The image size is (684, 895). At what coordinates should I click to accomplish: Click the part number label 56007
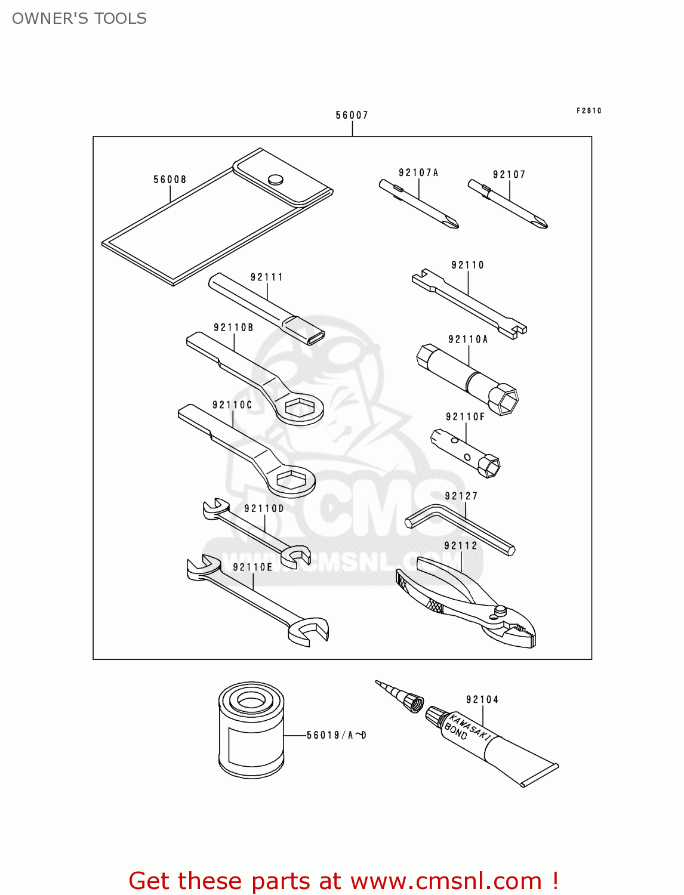pos(352,115)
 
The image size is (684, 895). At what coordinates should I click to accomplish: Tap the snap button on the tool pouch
pos(275,179)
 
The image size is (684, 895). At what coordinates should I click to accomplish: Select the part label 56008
pos(170,180)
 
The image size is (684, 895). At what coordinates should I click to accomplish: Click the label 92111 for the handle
pos(267,277)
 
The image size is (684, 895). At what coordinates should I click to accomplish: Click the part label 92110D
pos(264,508)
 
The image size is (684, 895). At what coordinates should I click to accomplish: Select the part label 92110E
pos(252,567)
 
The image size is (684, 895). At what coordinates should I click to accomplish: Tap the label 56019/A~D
pos(337,735)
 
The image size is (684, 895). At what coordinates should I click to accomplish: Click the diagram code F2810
pos(589,110)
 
